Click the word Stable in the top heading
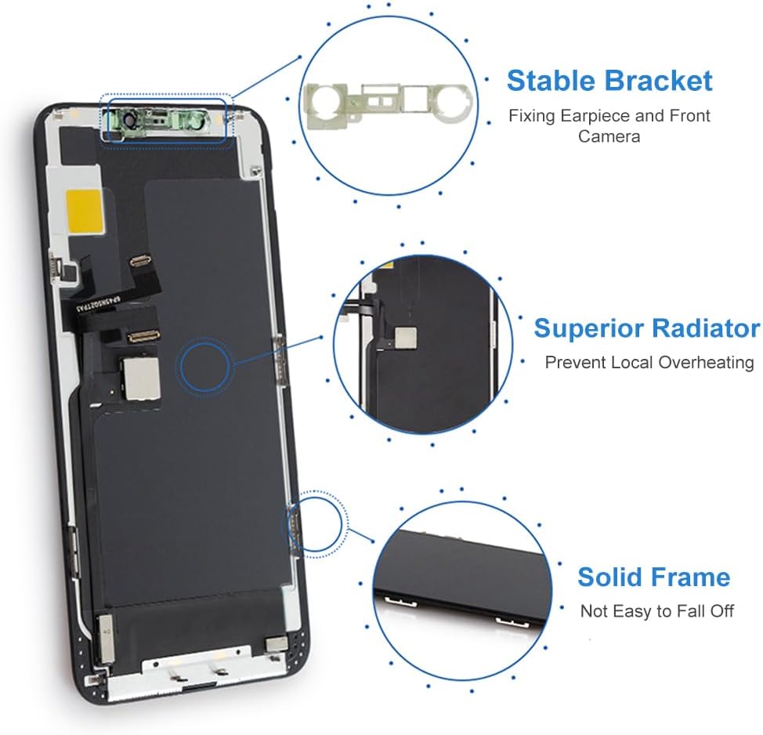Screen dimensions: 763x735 [553, 81]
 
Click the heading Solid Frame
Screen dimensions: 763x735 [653, 577]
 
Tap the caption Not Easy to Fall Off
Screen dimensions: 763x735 [657, 611]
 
